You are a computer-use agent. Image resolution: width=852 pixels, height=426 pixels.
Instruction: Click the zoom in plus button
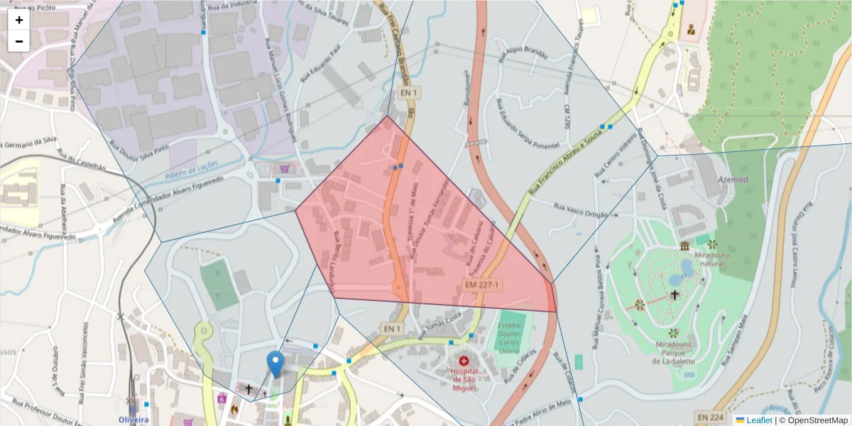pos(19,20)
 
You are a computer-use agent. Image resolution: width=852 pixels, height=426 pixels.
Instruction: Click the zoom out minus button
pos(19,41)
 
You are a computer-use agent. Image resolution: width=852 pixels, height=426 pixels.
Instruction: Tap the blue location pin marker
pos(275,364)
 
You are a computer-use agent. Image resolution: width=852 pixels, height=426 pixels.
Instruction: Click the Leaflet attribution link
pos(758,420)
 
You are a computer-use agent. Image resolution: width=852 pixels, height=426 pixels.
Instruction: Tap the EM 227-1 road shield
pos(483,285)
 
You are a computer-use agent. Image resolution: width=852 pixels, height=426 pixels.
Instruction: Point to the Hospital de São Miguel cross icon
pos(463,361)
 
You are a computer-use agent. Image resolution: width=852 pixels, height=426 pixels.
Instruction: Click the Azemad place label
pos(733,180)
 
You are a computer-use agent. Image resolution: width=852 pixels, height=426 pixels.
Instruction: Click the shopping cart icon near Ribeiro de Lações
pos(285,168)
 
